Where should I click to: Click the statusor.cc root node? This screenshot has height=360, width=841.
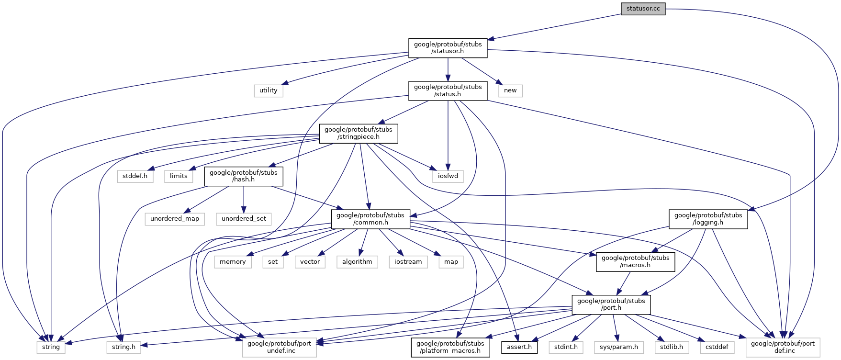point(643,9)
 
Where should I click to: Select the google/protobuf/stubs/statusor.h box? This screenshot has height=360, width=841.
point(448,48)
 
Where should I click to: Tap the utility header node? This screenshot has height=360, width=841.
point(268,90)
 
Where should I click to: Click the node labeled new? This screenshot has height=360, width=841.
point(510,90)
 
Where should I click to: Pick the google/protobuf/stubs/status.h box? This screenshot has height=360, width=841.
point(448,90)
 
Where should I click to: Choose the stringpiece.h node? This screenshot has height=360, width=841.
point(358,133)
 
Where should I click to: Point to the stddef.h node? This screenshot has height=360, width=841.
point(135,176)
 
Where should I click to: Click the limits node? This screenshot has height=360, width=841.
point(179,176)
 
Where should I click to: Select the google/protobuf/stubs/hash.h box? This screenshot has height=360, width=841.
point(244,176)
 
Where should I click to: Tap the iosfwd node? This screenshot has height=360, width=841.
point(448,176)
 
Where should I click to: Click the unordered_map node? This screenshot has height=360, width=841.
point(175,219)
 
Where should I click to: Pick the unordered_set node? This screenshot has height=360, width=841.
point(244,219)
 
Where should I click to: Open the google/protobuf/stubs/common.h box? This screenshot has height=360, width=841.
point(370,219)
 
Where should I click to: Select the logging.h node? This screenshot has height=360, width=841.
point(708,219)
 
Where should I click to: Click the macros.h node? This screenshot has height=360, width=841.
point(635,261)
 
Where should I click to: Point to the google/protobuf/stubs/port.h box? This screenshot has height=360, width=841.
point(611,304)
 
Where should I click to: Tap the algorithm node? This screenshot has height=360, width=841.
point(357,262)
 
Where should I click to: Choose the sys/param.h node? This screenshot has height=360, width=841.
point(619,347)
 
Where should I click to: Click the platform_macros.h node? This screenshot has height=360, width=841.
point(450,347)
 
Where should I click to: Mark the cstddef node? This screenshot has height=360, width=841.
point(717,347)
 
